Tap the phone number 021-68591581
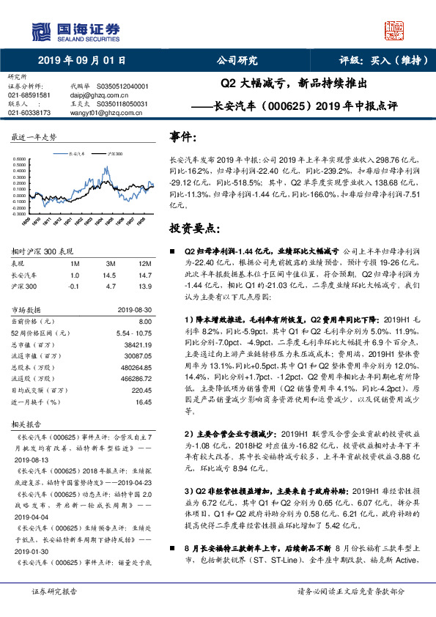(29, 95)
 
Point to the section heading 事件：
(183, 137)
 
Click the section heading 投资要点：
(193, 228)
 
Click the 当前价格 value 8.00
(144, 322)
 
